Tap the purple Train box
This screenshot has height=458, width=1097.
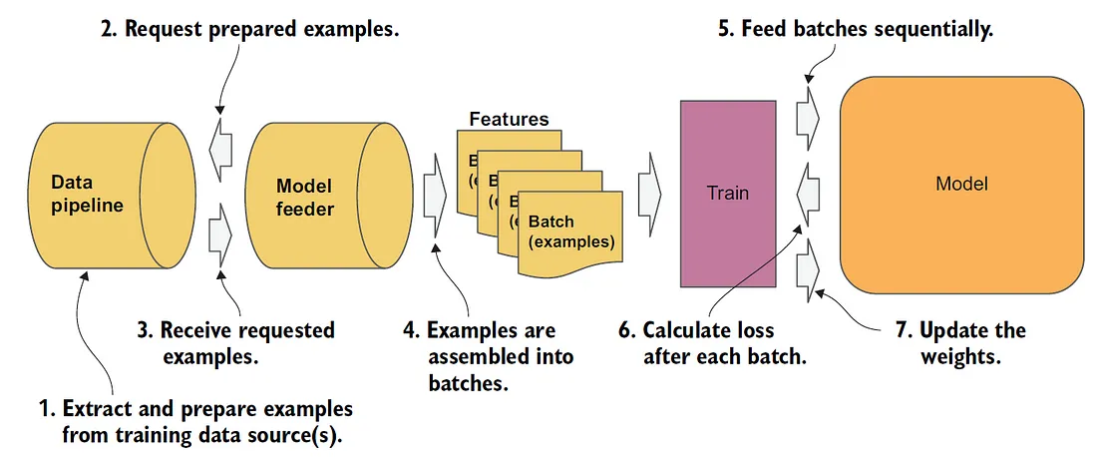[x=727, y=192]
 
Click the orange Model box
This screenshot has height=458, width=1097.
[x=961, y=185]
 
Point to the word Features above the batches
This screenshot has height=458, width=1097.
[x=509, y=120]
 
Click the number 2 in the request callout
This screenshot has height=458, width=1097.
[x=108, y=30]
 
